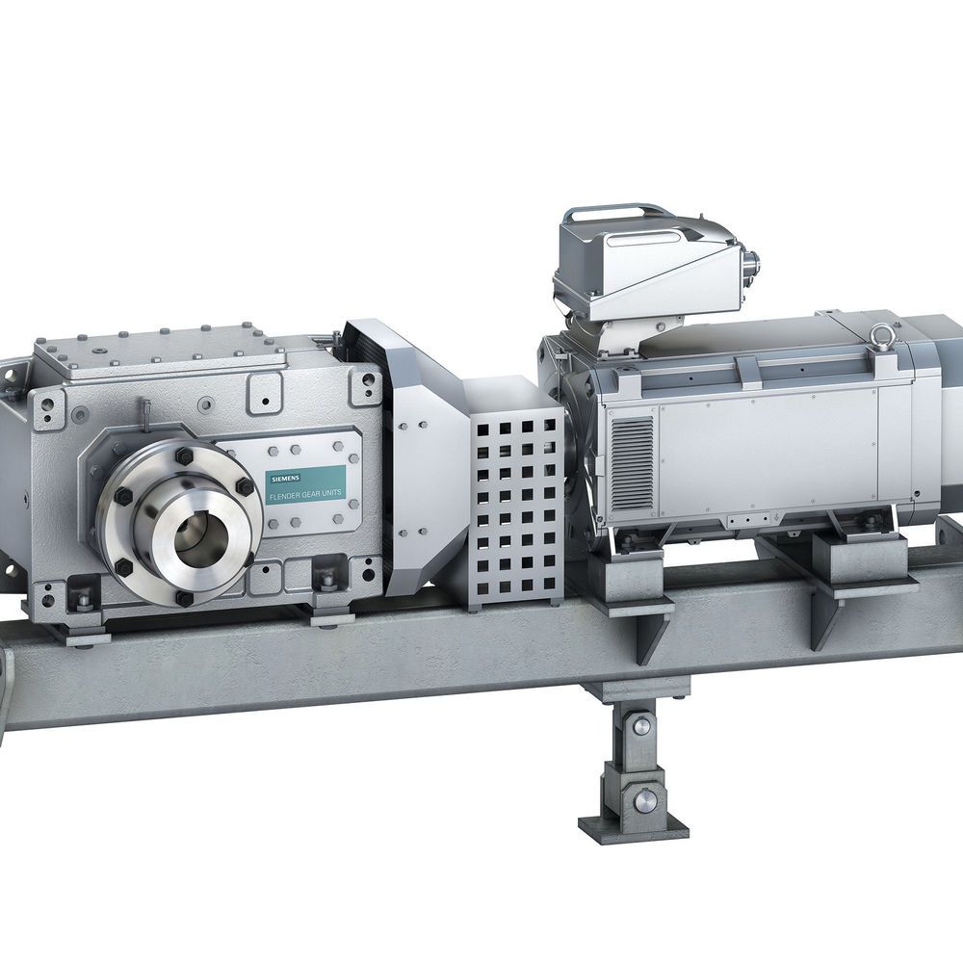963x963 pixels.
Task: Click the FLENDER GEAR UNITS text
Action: (305, 492)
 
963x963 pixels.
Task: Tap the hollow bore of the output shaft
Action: (201, 538)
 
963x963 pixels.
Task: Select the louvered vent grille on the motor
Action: (633, 464)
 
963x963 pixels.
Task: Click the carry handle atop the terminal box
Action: (618, 215)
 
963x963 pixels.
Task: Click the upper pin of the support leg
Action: (640, 726)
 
